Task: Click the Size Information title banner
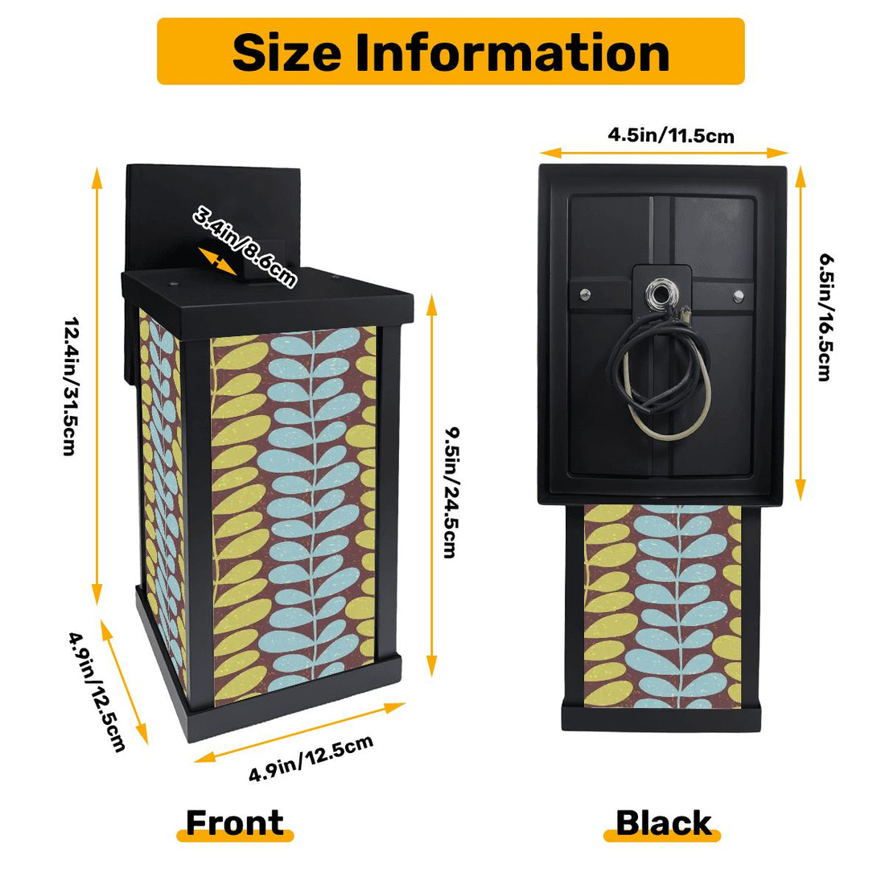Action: click(451, 51)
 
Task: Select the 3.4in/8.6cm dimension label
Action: click(244, 246)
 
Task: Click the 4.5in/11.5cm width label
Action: click(670, 134)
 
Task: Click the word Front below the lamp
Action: click(235, 823)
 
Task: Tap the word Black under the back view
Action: click(663, 823)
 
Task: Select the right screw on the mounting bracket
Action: click(738, 297)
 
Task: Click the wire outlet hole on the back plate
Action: click(662, 294)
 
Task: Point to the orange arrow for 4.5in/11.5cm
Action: click(663, 152)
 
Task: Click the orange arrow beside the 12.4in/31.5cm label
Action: click(98, 386)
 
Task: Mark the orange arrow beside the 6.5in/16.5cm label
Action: click(801, 334)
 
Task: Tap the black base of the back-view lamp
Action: click(660, 716)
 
